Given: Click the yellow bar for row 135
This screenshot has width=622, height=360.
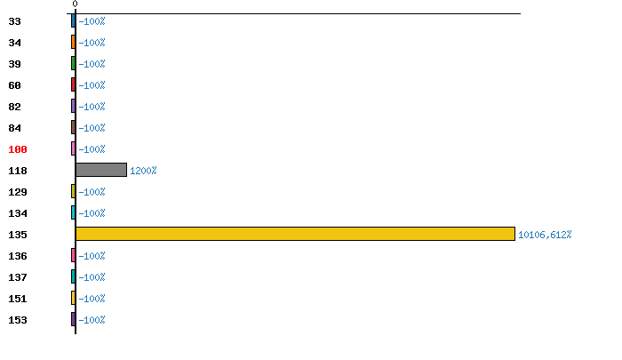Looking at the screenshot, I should click(x=295, y=234).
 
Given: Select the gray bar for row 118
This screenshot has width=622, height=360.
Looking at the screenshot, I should click(x=101, y=170).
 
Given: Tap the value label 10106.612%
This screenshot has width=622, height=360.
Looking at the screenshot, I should click(x=545, y=235).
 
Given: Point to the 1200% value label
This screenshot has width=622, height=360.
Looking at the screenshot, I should click(x=143, y=171).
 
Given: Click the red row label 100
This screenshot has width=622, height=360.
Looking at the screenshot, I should click(x=19, y=149).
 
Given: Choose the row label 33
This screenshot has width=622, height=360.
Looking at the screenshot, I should click(x=14, y=21).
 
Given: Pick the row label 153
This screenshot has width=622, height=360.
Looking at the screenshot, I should click(x=19, y=320).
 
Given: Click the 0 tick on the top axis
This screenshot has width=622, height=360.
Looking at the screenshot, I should click(x=75, y=4).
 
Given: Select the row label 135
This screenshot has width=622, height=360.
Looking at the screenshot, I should click(x=19, y=235).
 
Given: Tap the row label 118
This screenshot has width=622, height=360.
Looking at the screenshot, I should click(x=19, y=171).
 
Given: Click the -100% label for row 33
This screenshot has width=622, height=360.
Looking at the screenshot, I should click(x=92, y=21).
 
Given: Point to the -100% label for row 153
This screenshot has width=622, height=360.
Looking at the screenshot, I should click(x=92, y=320).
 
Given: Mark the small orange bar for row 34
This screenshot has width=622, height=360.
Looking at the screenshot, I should click(x=73, y=42).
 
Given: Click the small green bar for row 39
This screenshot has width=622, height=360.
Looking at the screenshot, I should click(x=73, y=63).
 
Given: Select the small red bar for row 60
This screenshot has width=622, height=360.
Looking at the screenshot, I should click(x=73, y=84).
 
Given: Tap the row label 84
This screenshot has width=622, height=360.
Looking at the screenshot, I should click(x=14, y=128).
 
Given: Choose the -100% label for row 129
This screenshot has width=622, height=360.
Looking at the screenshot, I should click(x=92, y=192).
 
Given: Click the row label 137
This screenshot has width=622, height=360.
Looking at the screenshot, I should click(x=19, y=277).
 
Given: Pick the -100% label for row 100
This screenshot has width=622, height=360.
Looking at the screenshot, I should click(x=92, y=149).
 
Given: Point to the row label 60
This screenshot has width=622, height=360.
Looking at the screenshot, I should click(x=14, y=85).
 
